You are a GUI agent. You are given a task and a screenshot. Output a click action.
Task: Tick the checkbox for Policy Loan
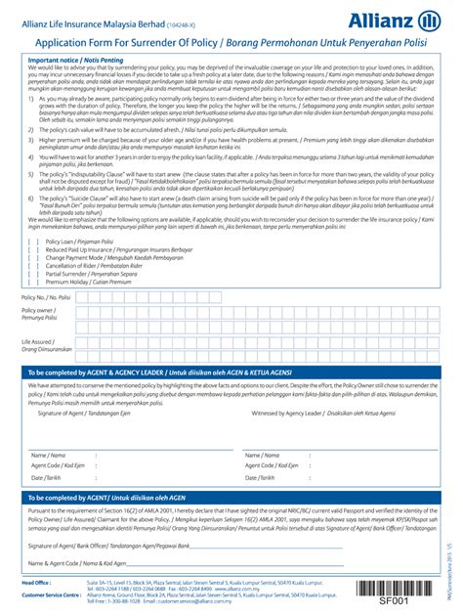point(34,241)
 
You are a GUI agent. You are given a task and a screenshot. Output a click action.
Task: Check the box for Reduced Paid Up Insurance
point(34,248)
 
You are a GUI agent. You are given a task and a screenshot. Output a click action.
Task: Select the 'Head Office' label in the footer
point(37,581)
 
